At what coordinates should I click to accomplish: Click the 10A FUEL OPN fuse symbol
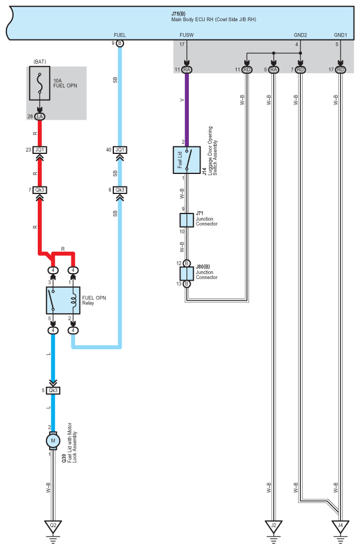click(40, 86)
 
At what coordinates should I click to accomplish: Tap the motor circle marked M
click(53, 440)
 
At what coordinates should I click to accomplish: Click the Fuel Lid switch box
click(186, 159)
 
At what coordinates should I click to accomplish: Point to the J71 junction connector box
click(186, 221)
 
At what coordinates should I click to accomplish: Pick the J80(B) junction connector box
click(186, 274)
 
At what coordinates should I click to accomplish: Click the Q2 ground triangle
click(53, 524)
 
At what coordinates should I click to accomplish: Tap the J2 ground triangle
click(273, 524)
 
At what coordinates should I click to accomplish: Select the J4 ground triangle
click(340, 524)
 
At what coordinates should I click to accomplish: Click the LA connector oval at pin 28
click(40, 117)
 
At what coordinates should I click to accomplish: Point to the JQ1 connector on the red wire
click(40, 150)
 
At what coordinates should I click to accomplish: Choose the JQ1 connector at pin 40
click(120, 150)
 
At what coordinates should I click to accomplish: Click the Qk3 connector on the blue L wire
click(53, 390)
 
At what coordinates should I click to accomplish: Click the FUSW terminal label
click(186, 34)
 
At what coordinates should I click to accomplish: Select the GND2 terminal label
click(300, 34)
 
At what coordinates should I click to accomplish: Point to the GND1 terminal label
click(341, 34)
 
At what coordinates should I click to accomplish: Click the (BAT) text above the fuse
click(40, 61)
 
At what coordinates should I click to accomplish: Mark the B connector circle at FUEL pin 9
click(120, 44)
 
